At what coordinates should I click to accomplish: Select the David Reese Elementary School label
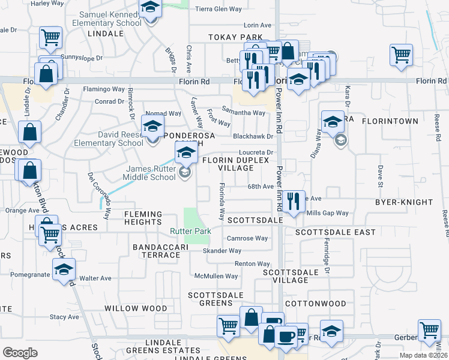109,139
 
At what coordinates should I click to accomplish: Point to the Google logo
20,353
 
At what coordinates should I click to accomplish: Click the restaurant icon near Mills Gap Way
292,201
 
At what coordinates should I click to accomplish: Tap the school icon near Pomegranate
64,269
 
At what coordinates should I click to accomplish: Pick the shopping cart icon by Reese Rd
401,55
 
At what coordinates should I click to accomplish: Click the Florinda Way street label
221,201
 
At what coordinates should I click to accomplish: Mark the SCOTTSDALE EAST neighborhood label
335,232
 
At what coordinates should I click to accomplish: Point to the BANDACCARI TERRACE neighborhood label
156,251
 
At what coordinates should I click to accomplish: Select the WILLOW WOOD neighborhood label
136,308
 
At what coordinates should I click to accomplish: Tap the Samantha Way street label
243,112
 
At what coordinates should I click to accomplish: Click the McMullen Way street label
215,276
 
